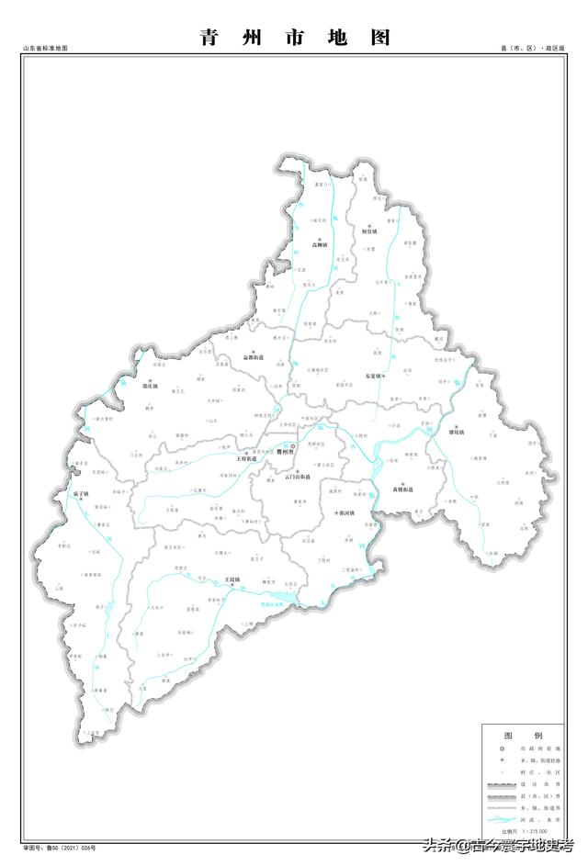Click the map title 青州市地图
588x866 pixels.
[295, 37]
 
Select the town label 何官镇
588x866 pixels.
[368, 232]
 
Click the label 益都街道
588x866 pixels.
[254, 357]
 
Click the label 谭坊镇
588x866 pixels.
[457, 431]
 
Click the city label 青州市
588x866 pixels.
[285, 453]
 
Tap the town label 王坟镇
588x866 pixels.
[234, 580]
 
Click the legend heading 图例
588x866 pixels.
[523, 737]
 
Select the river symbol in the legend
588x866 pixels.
[501, 819]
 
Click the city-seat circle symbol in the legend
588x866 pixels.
[501, 752]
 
